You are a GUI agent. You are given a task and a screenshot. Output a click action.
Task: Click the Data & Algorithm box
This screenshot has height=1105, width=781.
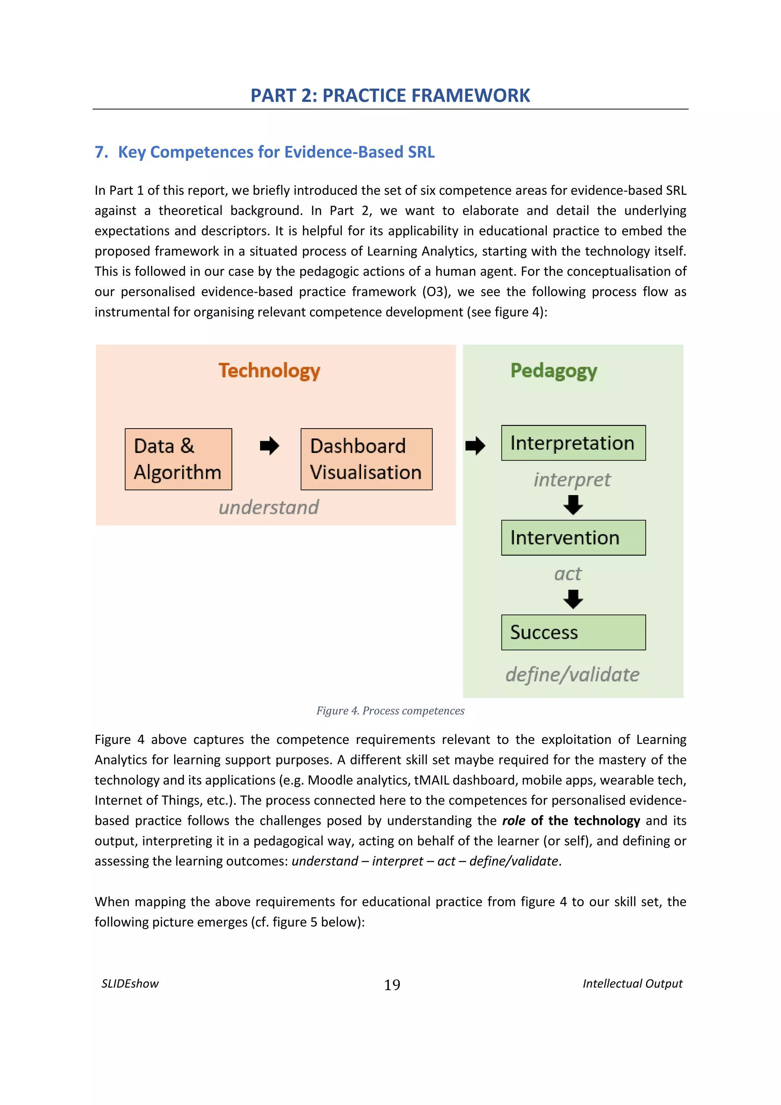[178, 459]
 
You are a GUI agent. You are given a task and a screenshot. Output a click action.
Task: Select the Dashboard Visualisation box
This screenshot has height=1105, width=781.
[366, 459]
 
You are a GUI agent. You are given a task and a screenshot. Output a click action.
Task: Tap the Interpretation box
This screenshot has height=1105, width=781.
[573, 443]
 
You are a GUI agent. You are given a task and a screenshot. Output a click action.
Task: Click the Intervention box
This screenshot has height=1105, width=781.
[573, 538]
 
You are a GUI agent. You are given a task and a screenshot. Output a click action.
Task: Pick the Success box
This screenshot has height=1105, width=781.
[573, 633]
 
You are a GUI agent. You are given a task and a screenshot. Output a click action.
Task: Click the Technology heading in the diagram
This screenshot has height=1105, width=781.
[269, 371]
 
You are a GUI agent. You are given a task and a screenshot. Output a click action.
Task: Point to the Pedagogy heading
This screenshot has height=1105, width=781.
[553, 371]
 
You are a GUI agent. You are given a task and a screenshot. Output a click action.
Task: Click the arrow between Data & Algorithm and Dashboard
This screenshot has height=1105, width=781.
[270, 446]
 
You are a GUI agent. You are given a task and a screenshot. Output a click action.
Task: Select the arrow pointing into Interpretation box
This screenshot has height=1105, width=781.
[475, 446]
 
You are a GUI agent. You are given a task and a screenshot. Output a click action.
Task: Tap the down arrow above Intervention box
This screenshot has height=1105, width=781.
[573, 505]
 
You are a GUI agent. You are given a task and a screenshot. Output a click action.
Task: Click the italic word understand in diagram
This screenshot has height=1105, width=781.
[268, 507]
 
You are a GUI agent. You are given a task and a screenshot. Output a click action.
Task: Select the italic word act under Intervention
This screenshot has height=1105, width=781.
[568, 574]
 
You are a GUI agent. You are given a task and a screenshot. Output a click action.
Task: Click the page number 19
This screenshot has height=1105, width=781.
[392, 985]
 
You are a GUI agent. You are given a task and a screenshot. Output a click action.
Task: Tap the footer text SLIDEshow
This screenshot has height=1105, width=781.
[130, 984]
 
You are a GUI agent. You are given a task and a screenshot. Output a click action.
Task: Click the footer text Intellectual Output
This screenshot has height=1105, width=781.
[632, 984]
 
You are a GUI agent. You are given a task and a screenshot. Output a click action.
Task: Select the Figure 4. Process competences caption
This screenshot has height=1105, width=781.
[390, 711]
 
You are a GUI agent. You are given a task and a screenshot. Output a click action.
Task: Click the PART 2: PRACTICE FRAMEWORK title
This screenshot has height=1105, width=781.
[390, 95]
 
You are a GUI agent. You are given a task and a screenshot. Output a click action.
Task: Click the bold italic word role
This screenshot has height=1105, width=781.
[513, 821]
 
